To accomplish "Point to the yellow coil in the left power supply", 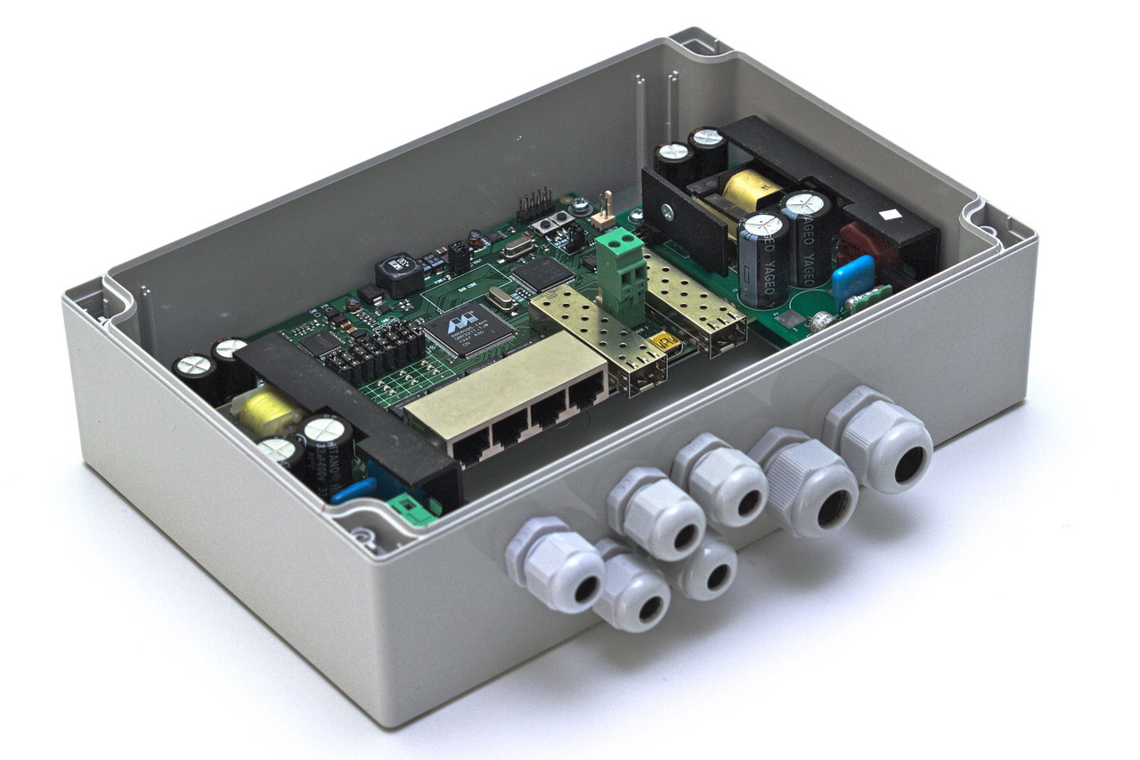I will point(265,413).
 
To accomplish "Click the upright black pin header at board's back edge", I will point(535,206).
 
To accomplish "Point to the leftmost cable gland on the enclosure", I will point(557,567).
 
